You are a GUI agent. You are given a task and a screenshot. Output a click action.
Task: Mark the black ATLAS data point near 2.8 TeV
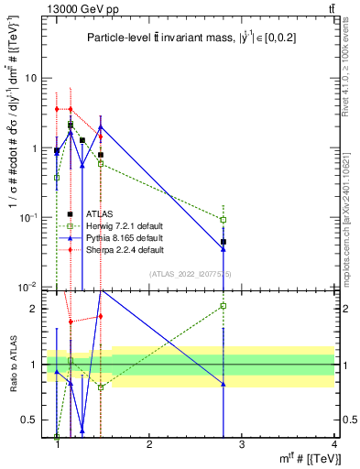(224, 242)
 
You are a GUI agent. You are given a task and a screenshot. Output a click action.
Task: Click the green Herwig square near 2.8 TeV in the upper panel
(224, 220)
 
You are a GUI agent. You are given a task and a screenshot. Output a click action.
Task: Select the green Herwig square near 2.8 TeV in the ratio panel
(224, 306)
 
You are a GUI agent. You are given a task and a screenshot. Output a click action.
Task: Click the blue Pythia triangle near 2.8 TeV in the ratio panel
(224, 384)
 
